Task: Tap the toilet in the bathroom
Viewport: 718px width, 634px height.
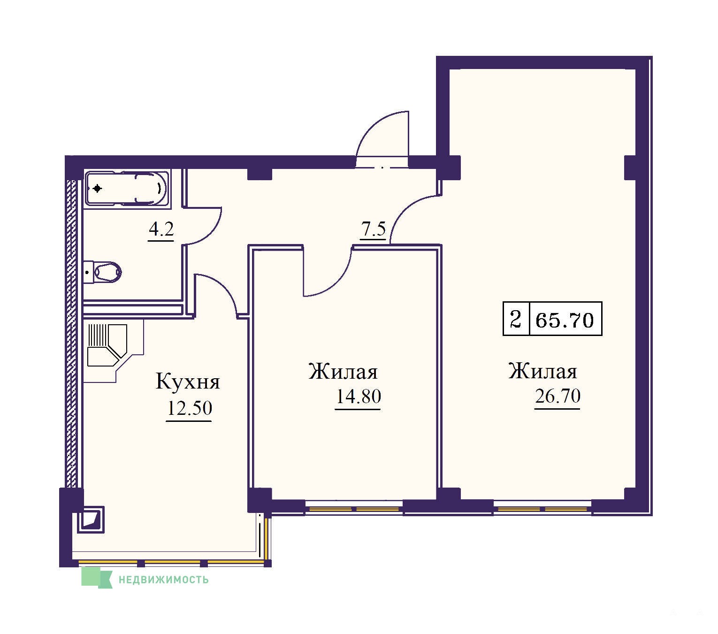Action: coord(102,272)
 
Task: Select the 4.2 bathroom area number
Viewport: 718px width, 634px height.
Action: coord(161,229)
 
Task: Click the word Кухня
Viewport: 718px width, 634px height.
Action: coord(188,382)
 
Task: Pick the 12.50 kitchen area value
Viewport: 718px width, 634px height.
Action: coord(189,408)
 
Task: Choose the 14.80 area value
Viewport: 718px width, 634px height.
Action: coord(358,396)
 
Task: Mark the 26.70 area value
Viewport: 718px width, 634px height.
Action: coord(558,396)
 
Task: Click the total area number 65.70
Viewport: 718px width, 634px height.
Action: coord(564,320)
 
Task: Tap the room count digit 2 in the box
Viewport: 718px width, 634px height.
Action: coord(516,319)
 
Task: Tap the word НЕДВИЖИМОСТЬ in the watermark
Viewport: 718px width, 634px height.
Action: coord(163,580)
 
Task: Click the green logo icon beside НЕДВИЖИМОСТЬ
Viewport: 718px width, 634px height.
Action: coord(96,578)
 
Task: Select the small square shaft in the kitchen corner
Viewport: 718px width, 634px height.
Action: coord(91,519)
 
